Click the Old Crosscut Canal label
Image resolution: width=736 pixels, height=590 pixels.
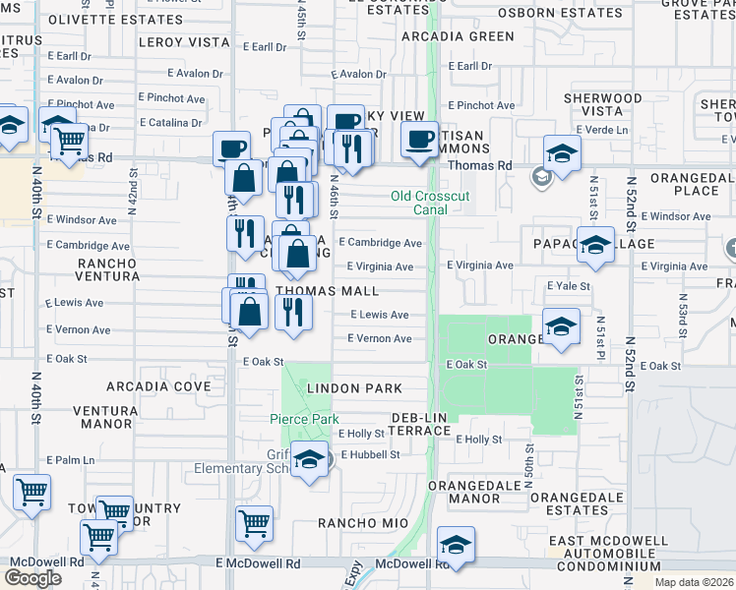click(430, 203)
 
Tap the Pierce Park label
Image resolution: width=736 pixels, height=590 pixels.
click(305, 420)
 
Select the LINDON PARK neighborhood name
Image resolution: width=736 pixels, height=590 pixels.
click(356, 389)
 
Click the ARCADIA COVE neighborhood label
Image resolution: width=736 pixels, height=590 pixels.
click(146, 386)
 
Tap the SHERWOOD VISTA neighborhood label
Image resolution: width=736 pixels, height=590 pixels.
click(602, 105)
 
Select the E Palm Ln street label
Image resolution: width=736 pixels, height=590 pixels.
click(71, 459)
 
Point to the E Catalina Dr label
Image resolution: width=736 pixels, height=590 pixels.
click(169, 123)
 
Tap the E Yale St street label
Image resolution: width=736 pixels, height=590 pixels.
click(569, 286)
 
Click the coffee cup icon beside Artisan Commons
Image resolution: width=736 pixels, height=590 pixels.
click(420, 140)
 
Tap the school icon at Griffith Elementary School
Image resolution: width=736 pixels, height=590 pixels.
click(310, 460)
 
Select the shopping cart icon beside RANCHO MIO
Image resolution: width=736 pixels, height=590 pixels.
click(255, 523)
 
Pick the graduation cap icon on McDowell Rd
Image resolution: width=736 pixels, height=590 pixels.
click(456, 546)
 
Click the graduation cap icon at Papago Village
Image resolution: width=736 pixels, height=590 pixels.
click(595, 246)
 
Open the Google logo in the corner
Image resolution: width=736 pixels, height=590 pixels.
click(32, 578)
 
